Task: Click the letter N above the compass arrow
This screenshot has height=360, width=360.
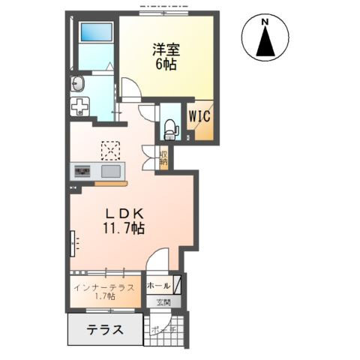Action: [265, 22]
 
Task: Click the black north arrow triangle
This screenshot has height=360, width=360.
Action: [265, 43]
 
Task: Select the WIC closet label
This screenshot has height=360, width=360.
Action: [199, 116]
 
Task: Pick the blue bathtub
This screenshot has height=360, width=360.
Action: [95, 32]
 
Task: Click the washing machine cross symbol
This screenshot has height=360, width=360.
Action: [80, 106]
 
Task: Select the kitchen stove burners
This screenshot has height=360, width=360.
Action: [81, 172]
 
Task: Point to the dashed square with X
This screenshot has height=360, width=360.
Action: [110, 151]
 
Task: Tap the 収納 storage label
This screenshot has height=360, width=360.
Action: [163, 158]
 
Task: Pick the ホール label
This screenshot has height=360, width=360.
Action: [157, 286]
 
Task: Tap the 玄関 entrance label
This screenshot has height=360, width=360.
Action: [163, 302]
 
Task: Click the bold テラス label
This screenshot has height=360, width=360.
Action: [104, 330]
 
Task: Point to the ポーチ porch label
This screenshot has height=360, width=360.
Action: [163, 331]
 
